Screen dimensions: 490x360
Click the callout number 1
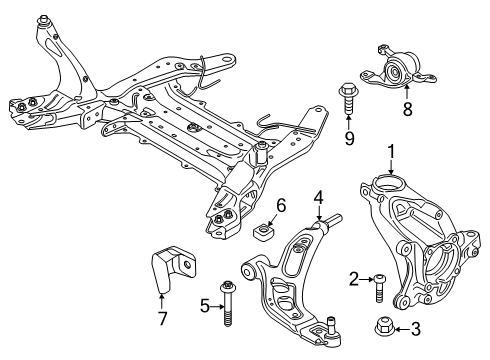[391, 152]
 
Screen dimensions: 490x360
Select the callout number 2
[354, 279]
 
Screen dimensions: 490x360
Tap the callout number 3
[415, 329]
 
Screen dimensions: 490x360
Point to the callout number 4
[319, 198]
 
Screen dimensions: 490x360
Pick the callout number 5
[205, 306]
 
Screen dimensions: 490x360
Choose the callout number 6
[281, 205]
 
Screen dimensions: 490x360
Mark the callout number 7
[162, 318]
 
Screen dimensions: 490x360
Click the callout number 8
[407, 108]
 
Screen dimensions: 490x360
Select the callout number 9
[349, 138]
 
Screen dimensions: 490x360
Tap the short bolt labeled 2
[379, 288]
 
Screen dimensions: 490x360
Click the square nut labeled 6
[263, 231]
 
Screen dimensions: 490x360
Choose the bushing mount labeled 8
[398, 69]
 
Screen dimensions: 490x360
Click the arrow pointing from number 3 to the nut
[402, 330]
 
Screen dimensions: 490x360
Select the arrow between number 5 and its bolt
[218, 306]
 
